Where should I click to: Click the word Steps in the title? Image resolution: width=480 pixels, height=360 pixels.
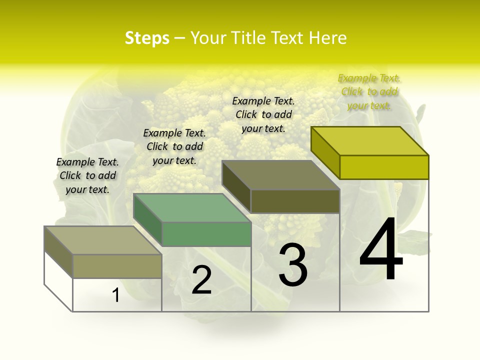pyautogui.click(x=147, y=38)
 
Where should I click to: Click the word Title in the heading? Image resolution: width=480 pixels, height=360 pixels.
pyautogui.click(x=247, y=38)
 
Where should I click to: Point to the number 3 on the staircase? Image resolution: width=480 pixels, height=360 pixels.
pyautogui.click(x=292, y=264)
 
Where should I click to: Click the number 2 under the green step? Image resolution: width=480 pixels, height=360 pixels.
pyautogui.click(x=201, y=279)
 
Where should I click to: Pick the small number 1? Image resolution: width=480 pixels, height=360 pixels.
pyautogui.click(x=116, y=295)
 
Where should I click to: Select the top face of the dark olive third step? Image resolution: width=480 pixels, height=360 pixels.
pyautogui.click(x=280, y=175)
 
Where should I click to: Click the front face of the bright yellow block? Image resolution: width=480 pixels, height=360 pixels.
pyautogui.click(x=384, y=167)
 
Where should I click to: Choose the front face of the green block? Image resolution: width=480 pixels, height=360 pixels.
pyautogui.click(x=206, y=234)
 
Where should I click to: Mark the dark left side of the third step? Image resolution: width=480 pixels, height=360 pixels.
pyautogui.click(x=236, y=186)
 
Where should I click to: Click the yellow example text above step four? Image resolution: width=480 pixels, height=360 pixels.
pyautogui.click(x=369, y=91)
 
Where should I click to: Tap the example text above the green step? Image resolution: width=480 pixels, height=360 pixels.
pyautogui.click(x=174, y=146)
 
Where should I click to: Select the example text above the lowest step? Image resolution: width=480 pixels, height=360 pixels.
pyautogui.click(x=87, y=175)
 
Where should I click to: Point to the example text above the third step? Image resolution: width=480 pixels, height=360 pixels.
pyautogui.click(x=263, y=114)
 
